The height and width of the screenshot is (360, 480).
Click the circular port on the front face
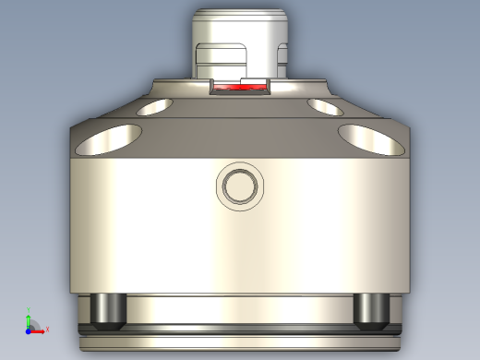239,186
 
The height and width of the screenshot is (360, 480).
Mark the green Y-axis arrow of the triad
28,317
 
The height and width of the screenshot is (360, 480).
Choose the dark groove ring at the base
240,328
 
